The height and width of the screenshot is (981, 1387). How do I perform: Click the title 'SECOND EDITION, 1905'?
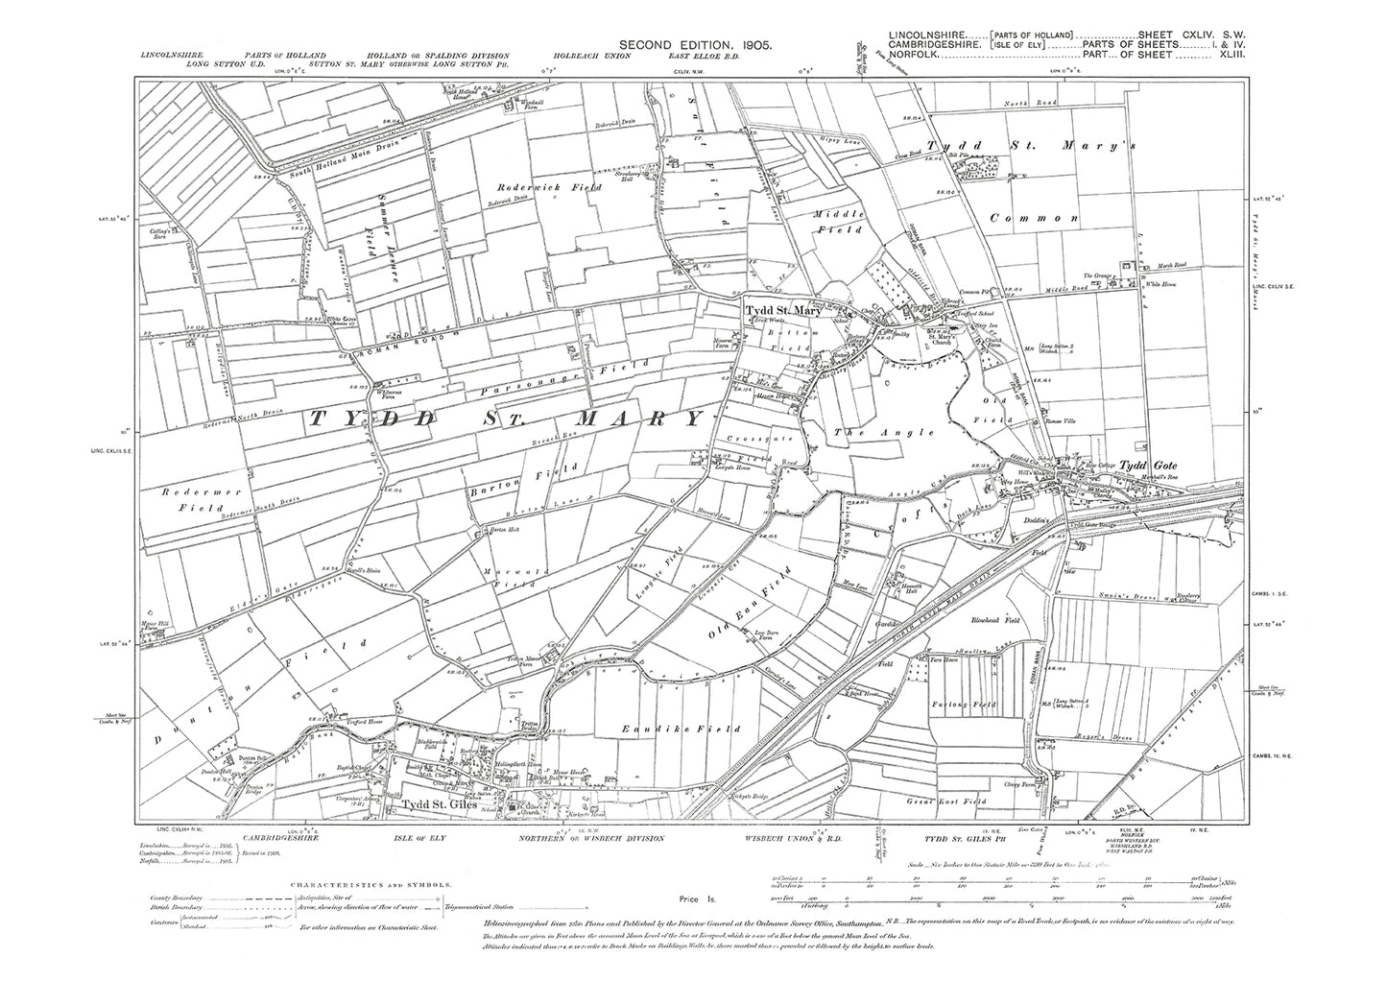(x=690, y=44)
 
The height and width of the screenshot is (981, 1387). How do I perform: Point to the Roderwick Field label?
(x=543, y=188)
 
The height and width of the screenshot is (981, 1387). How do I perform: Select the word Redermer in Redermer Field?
(x=171, y=490)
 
